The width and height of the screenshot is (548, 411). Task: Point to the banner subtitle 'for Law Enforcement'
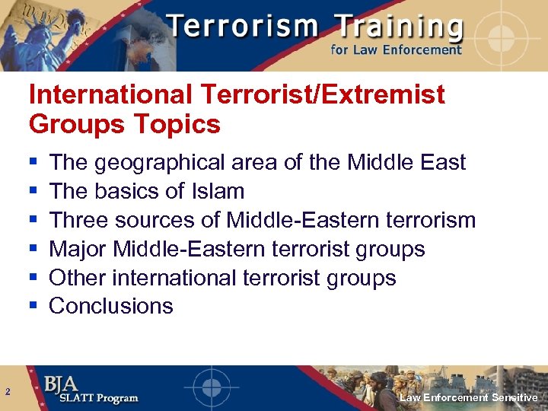click(x=396, y=50)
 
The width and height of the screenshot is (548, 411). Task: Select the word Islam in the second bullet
click(x=219, y=191)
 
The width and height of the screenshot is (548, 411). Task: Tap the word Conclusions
click(x=111, y=306)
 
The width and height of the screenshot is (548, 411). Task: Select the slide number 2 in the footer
click(x=7, y=392)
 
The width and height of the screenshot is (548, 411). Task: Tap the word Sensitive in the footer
click(x=515, y=398)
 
